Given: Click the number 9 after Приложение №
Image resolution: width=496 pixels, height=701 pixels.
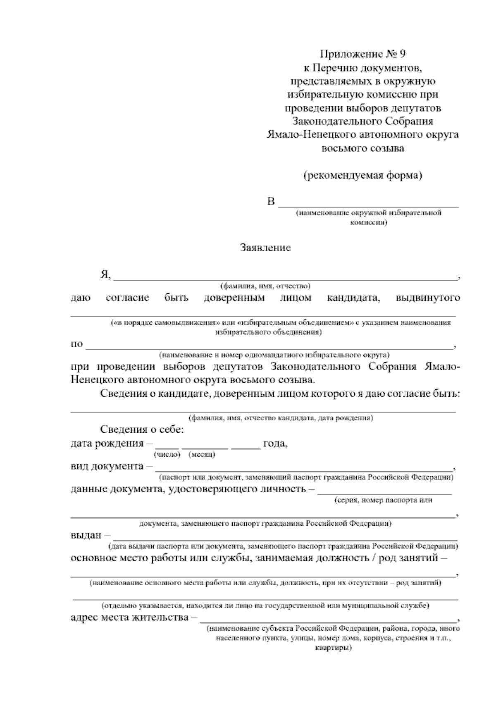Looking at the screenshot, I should (403, 54).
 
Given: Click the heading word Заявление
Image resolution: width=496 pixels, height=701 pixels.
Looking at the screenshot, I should (265, 248).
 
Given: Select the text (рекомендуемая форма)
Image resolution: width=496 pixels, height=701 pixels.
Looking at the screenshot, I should (363, 175).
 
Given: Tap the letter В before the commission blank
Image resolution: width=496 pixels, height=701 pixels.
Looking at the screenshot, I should (271, 202).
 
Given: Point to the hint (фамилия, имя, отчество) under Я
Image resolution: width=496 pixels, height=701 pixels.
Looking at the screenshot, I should (265, 286).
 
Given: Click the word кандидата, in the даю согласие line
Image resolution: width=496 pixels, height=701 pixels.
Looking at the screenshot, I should (353, 298).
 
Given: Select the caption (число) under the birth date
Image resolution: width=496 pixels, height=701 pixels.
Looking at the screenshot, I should (167, 455).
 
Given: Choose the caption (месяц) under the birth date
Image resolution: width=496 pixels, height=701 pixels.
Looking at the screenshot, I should (202, 455).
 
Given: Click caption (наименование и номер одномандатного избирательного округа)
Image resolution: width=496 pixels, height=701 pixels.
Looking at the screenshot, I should (274, 355).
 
